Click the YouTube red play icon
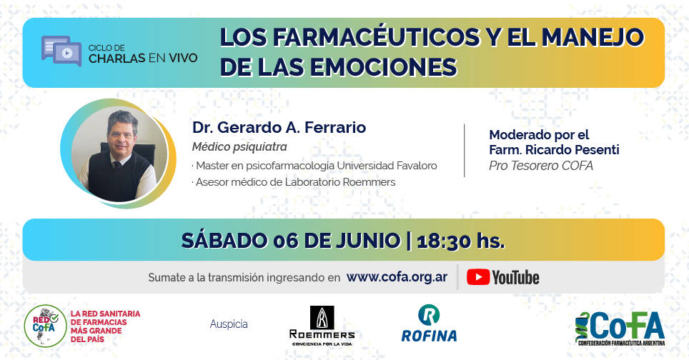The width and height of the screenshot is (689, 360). (x=477, y=277)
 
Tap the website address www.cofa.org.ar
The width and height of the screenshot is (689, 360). (x=397, y=277)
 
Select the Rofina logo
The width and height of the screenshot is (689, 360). (x=429, y=323)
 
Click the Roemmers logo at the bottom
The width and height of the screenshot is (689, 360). (x=322, y=326)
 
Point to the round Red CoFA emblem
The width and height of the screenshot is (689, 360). (x=45, y=326)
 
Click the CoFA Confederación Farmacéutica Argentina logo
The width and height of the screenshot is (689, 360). (x=620, y=329)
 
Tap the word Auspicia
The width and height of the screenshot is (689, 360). (x=229, y=324)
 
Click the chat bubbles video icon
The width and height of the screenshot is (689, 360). (x=61, y=51)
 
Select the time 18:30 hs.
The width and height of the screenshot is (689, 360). (x=460, y=241)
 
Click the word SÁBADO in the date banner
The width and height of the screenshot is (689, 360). (x=224, y=240)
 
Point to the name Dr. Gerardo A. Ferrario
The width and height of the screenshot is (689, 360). (x=279, y=127)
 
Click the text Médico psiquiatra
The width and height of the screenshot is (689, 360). (x=239, y=146)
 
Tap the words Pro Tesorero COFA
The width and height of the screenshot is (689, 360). (x=541, y=166)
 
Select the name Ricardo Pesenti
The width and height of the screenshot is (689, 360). (x=572, y=150)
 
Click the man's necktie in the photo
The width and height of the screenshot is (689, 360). (x=117, y=165)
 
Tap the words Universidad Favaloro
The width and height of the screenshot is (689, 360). (x=387, y=166)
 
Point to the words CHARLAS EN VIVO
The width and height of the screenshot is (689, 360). (x=143, y=58)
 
